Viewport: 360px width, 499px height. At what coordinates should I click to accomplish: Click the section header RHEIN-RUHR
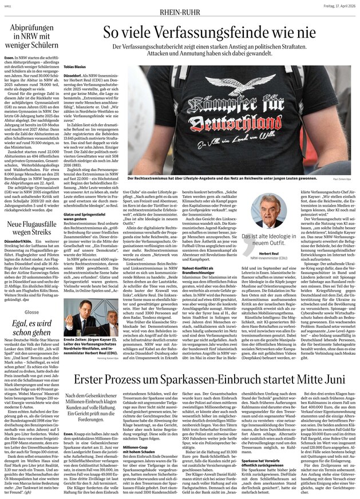tap(180, 7)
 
